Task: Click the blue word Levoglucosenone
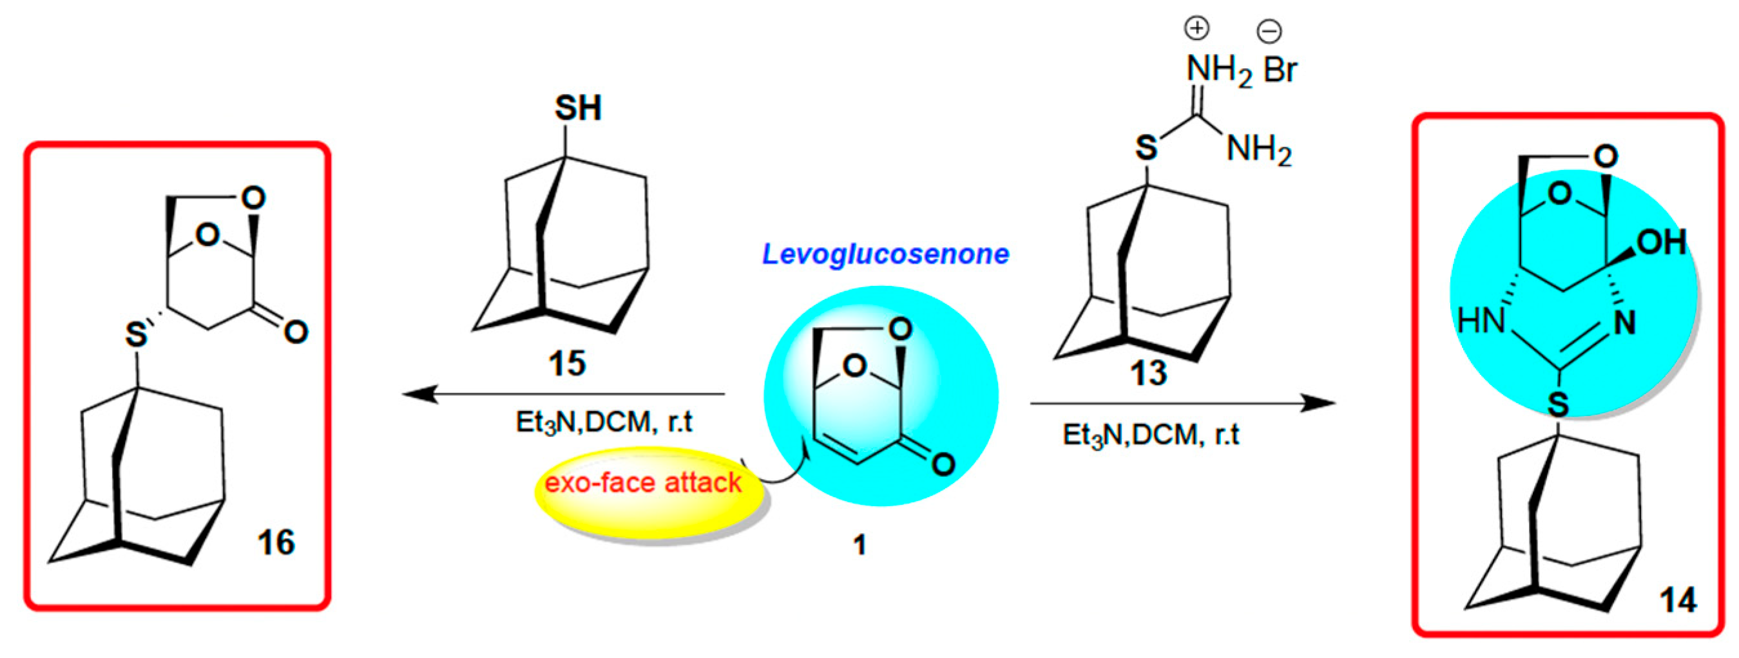(885, 254)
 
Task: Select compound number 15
(566, 364)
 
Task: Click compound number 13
(1148, 373)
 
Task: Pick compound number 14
(1678, 600)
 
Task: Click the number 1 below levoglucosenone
(859, 545)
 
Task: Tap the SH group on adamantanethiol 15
(578, 108)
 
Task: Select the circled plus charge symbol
(1198, 28)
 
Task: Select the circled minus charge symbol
(1269, 30)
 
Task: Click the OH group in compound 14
(1662, 242)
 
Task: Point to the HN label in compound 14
(1481, 320)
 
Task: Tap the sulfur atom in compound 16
(137, 334)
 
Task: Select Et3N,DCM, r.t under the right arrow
(1151, 435)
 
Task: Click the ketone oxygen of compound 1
(943, 464)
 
